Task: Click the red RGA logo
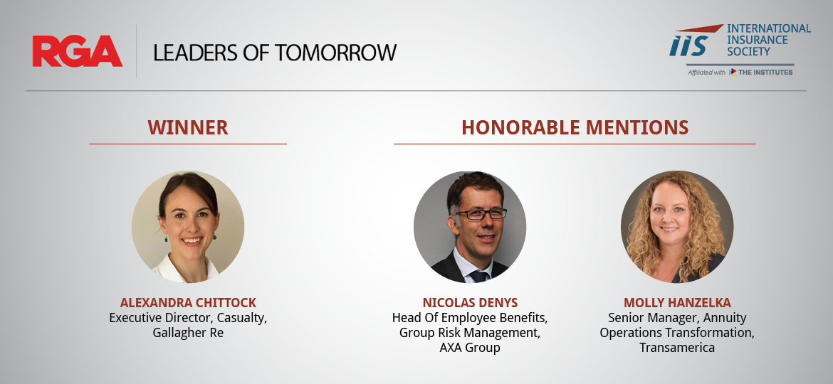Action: [x=78, y=51]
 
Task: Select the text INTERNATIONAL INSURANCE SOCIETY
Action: [x=769, y=40]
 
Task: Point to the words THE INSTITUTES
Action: [x=765, y=72]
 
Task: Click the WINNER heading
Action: [x=188, y=128]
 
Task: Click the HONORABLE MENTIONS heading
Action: [x=575, y=128]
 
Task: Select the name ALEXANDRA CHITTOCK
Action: [x=188, y=303]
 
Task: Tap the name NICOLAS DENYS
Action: [x=470, y=303]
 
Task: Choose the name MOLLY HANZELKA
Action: [x=677, y=303]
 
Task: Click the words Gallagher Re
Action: [x=188, y=333]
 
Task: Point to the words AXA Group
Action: [x=470, y=348]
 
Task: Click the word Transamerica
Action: [x=677, y=348]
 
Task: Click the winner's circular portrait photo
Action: [x=188, y=227]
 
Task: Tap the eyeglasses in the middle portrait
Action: [x=481, y=214]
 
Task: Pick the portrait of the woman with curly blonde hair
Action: [x=677, y=227]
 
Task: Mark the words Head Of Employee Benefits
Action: [x=470, y=319]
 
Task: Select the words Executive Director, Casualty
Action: [x=188, y=319]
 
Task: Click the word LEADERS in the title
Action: [x=195, y=53]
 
